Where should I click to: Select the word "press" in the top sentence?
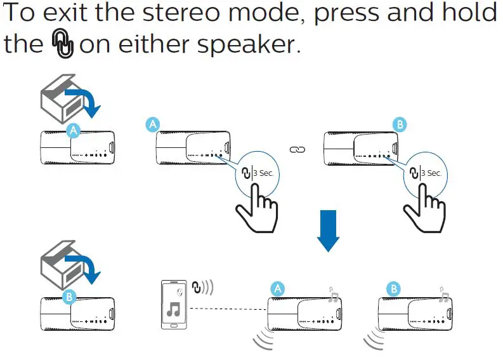pyautogui.click(x=345, y=14)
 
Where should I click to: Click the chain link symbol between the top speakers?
pyautogui.click(x=297, y=150)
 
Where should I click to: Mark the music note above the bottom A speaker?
pyautogui.click(x=333, y=293)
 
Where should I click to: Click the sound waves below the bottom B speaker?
pyautogui.click(x=372, y=340)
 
